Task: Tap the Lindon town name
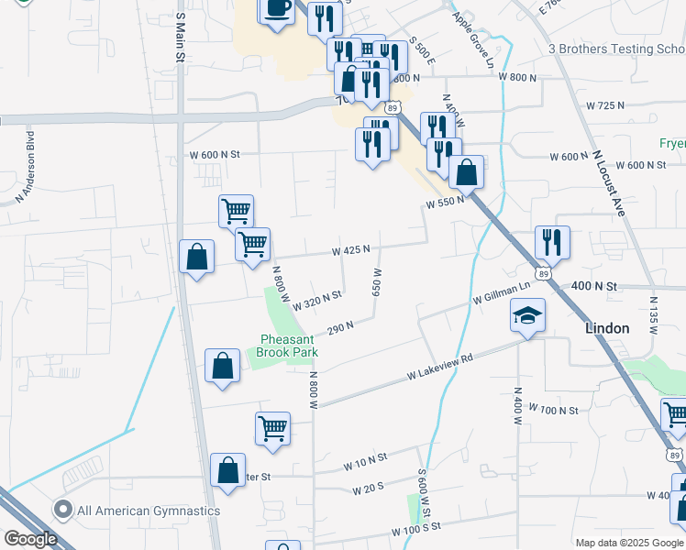[607, 328]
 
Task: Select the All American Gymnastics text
[149, 511]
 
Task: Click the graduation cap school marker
[527, 316]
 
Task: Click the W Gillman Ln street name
[502, 292]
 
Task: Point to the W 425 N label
[351, 249]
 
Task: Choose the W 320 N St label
[317, 297]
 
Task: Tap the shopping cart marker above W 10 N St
[273, 427]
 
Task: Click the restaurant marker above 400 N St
[552, 242]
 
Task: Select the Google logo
[29, 539]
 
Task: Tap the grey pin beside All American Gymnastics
[63, 510]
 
